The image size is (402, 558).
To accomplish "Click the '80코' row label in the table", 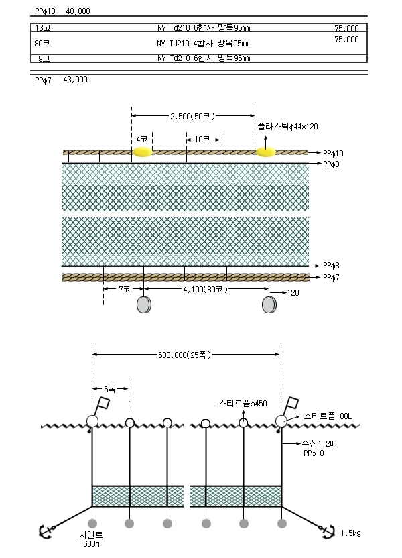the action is coord(42,44).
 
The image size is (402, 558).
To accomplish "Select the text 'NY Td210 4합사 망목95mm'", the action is coord(203,44).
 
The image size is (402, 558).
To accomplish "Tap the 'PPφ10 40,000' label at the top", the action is coord(62,11).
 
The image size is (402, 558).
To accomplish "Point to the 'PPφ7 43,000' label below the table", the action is coord(61,80).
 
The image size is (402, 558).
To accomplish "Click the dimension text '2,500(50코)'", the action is coord(193,116).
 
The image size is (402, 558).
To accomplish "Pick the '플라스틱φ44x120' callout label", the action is coord(287,126).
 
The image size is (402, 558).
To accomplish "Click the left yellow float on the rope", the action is coord(143,152).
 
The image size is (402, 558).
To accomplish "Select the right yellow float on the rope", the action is coord(266,152).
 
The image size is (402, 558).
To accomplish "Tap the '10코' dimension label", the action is coord(202,139).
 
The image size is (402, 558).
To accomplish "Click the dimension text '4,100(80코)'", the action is coord(205,289).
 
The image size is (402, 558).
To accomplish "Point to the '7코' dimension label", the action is coord(125,289).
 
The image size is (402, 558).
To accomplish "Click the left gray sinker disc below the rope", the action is coord(144,305).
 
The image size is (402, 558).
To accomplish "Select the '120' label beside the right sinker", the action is coord(293,293).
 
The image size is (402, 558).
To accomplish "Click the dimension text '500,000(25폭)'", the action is coord(184,355).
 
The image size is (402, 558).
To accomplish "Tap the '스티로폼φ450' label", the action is coord(243,403).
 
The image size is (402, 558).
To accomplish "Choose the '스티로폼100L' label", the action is coord(328,416).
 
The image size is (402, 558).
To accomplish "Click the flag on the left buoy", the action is coord(104,403).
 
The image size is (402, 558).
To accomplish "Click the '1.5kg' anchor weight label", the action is coord(350,533).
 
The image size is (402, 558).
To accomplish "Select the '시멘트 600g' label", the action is coord(91,539).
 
